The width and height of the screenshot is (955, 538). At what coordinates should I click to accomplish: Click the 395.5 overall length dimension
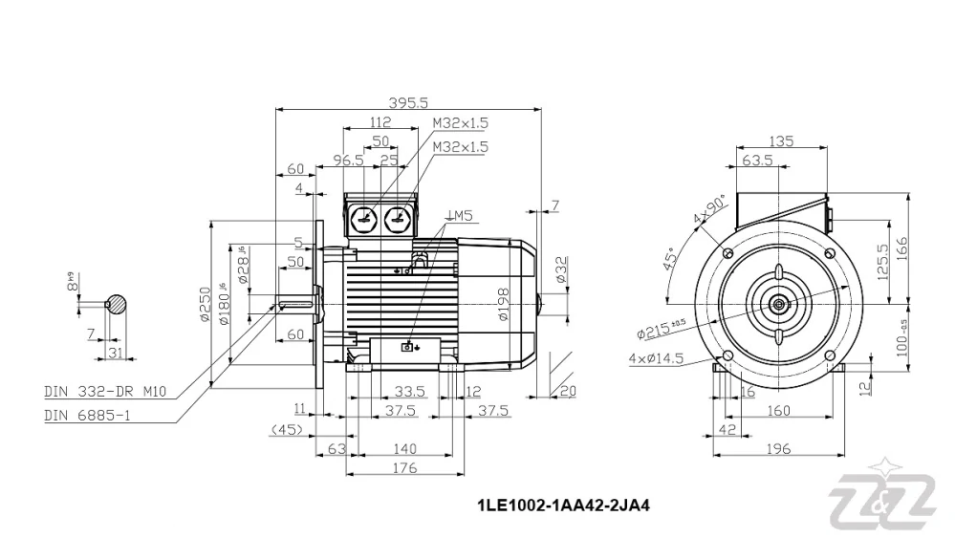[408, 102]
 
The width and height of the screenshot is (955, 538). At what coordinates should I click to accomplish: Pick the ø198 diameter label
[504, 304]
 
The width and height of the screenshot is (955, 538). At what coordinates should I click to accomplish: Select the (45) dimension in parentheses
[287, 429]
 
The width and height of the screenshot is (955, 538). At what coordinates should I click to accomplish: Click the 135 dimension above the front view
[781, 141]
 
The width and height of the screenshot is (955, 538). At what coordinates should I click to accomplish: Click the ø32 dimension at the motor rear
[561, 272]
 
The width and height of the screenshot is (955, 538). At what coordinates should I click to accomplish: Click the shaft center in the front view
[780, 305]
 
